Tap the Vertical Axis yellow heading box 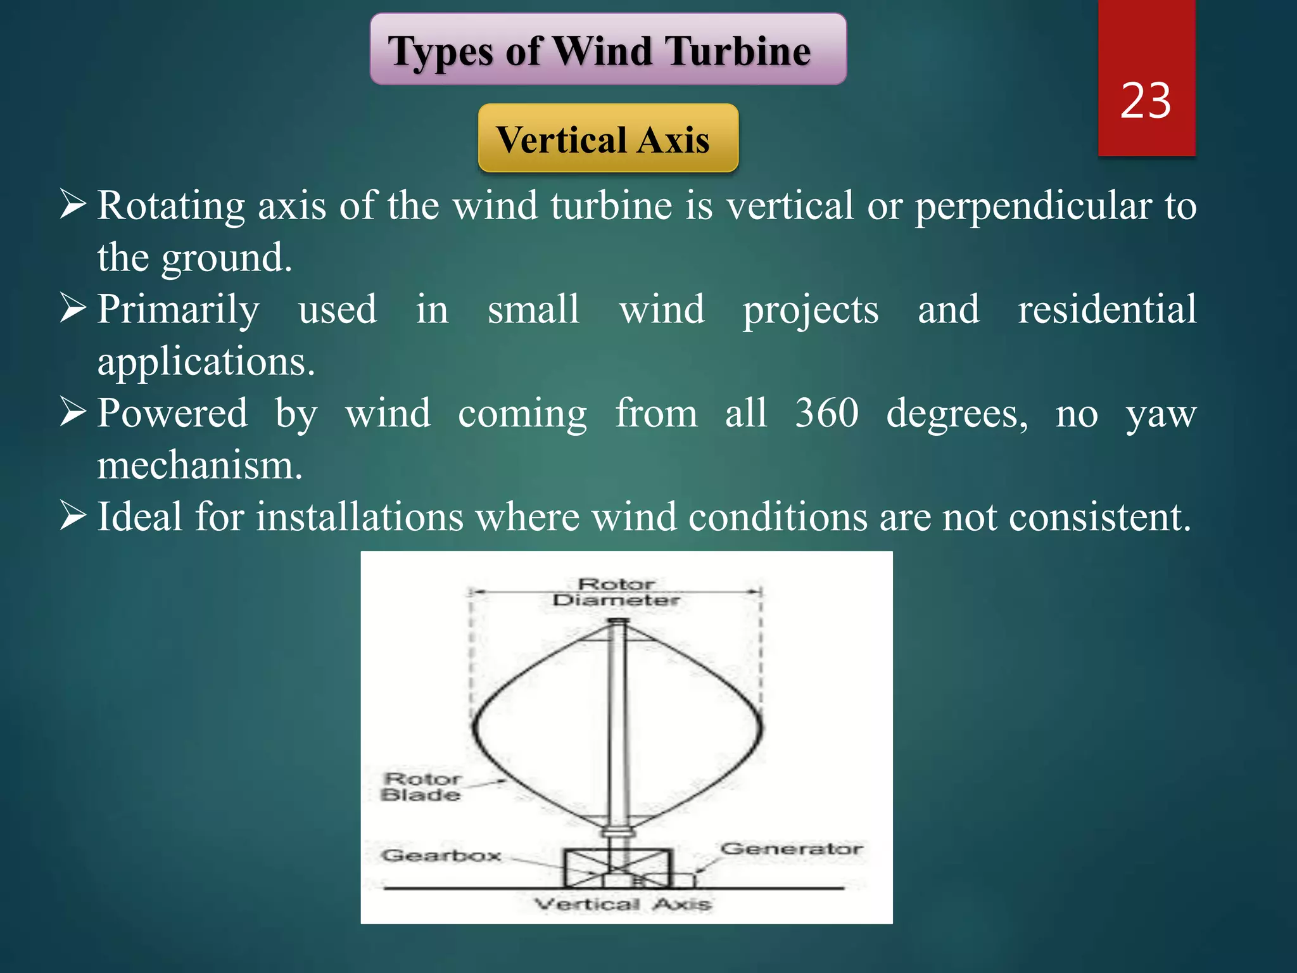point(608,139)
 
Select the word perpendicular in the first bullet point(1033,207)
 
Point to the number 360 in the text point(826,413)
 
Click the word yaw point(1161,414)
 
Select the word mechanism point(199,466)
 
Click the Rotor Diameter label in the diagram point(616,592)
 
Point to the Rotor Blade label point(422,786)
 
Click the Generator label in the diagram point(792,848)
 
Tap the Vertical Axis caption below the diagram point(622,904)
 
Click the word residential point(1106,309)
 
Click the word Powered point(172,413)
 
